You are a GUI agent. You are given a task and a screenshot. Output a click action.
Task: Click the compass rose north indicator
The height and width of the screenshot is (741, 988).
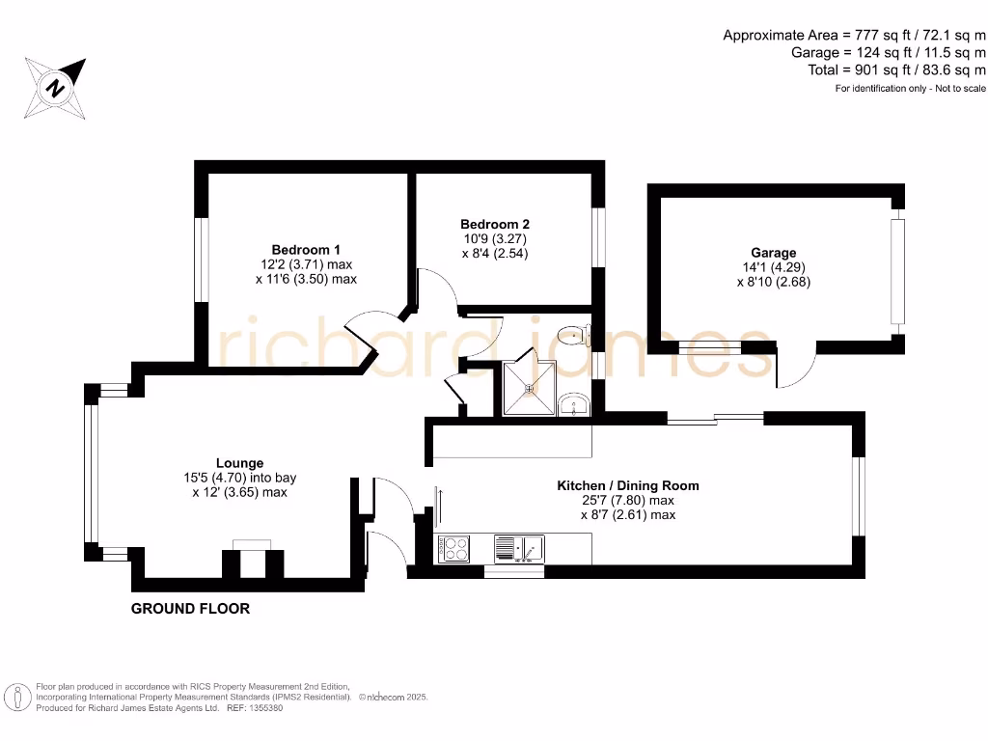(x=57, y=87)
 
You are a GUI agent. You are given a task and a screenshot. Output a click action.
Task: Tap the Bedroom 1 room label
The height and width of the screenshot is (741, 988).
(x=305, y=248)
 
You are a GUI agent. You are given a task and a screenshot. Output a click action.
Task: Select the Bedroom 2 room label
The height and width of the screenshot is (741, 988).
(x=494, y=223)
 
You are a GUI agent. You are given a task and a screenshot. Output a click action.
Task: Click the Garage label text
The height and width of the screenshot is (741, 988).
(x=773, y=253)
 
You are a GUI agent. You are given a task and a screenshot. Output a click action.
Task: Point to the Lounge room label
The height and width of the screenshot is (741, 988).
(x=239, y=463)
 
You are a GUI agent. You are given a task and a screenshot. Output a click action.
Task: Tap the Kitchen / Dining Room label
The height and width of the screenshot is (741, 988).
(x=628, y=485)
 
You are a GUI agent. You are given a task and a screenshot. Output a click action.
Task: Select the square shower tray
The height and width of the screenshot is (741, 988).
(x=529, y=389)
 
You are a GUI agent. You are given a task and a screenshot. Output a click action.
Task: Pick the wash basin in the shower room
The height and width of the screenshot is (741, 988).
(x=574, y=403)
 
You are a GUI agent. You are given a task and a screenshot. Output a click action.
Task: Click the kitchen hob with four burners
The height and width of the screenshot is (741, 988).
(x=453, y=549)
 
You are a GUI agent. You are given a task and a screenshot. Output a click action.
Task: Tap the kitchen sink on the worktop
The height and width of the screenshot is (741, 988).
(x=520, y=550)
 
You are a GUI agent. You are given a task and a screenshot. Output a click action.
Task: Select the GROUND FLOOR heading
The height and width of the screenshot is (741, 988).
(x=190, y=609)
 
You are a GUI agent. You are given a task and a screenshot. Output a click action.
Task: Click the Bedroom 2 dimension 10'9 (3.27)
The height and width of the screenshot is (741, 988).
(x=494, y=238)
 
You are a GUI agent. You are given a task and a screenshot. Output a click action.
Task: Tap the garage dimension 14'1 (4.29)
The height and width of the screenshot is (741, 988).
(x=773, y=267)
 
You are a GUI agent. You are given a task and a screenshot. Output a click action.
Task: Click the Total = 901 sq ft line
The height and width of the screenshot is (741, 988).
(x=896, y=70)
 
